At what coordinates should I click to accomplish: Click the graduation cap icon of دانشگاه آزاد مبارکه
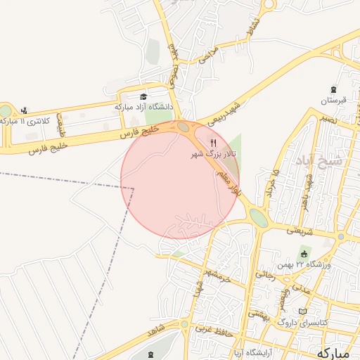(144, 97)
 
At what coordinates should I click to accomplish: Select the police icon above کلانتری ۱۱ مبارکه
(25, 110)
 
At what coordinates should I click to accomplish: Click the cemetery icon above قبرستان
(333, 90)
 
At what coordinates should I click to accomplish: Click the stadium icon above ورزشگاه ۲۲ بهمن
(304, 252)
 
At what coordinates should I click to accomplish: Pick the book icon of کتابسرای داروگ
(303, 310)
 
